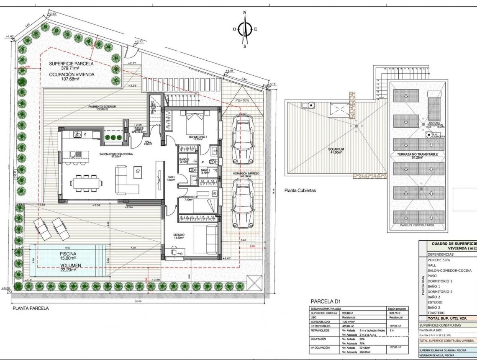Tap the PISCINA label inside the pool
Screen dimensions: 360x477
point(68,254)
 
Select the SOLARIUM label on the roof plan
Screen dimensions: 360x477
point(336,149)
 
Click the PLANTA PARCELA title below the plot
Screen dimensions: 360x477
point(31,309)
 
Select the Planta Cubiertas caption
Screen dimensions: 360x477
point(300,190)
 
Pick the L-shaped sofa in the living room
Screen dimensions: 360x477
point(127,180)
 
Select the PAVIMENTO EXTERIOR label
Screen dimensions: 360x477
point(102,107)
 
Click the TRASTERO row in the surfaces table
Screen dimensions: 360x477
point(436,313)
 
